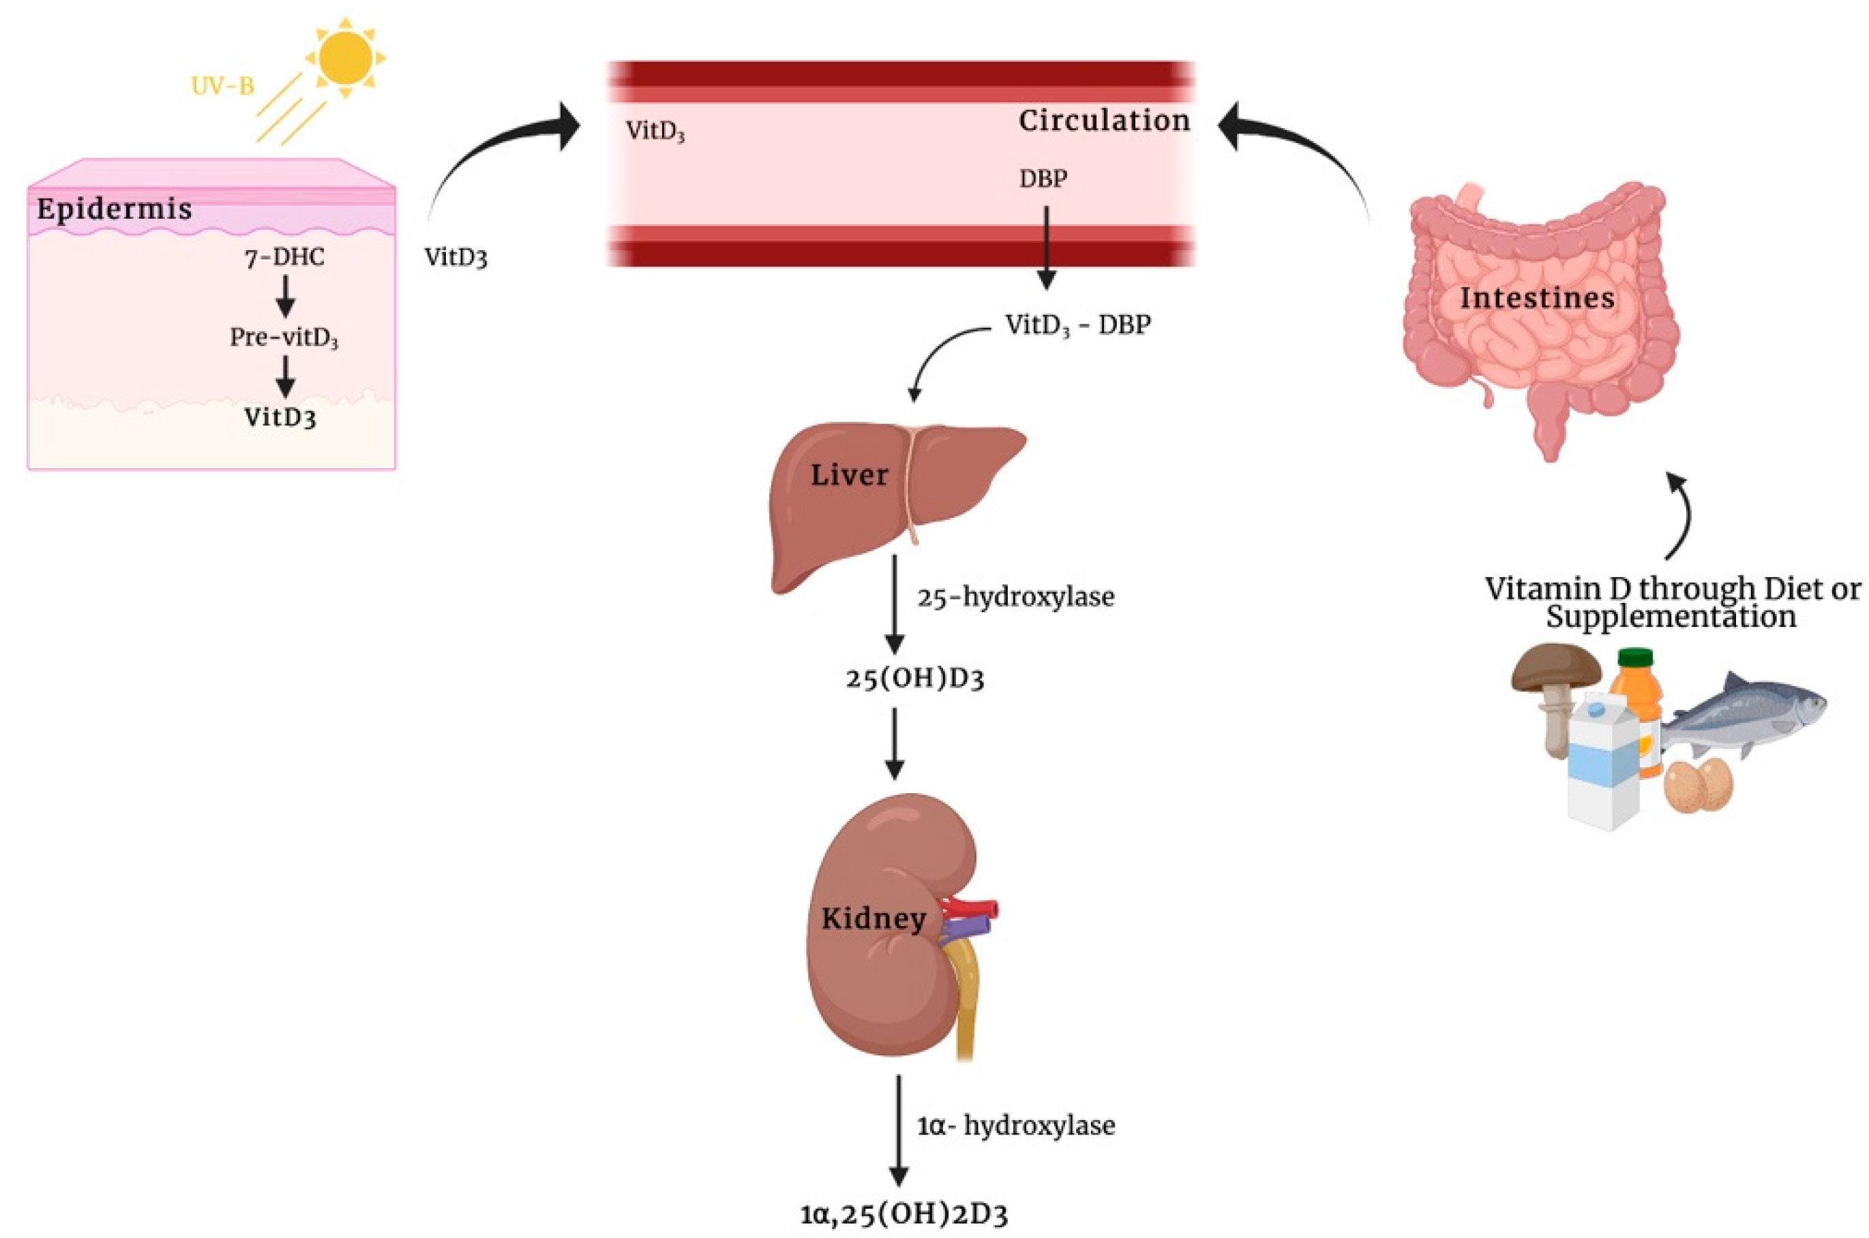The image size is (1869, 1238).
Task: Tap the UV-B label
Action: click(223, 85)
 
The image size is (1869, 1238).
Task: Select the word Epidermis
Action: click(114, 209)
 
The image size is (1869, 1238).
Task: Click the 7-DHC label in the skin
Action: click(284, 258)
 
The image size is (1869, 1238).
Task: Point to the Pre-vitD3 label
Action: click(284, 338)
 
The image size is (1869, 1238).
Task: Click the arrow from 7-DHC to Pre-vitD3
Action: click(285, 298)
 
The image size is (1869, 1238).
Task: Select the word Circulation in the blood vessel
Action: click(1103, 121)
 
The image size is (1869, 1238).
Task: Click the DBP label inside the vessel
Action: click(1043, 179)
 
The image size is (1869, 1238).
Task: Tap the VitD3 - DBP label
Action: click(1077, 324)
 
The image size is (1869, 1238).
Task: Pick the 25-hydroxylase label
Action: click(1015, 597)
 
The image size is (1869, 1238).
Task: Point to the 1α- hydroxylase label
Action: click(1016, 1125)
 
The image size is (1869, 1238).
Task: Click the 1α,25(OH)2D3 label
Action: click(903, 1213)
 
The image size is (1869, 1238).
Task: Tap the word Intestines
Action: click(1536, 298)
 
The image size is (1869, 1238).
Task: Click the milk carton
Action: click(1602, 762)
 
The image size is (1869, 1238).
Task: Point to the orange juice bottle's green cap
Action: click(1635, 657)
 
